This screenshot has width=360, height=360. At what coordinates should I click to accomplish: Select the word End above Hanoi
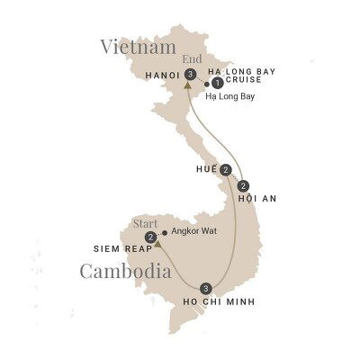(x=190, y=60)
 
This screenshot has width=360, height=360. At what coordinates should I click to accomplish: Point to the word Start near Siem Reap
(x=146, y=222)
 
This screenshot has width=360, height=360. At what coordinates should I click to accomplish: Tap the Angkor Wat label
(x=192, y=231)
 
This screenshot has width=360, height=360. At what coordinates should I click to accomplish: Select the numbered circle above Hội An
(x=244, y=185)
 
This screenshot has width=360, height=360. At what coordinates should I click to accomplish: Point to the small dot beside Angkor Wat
(x=164, y=231)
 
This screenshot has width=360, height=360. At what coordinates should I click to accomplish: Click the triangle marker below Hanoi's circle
(x=187, y=86)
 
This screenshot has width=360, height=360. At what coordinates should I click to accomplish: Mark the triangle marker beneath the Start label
(x=157, y=243)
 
